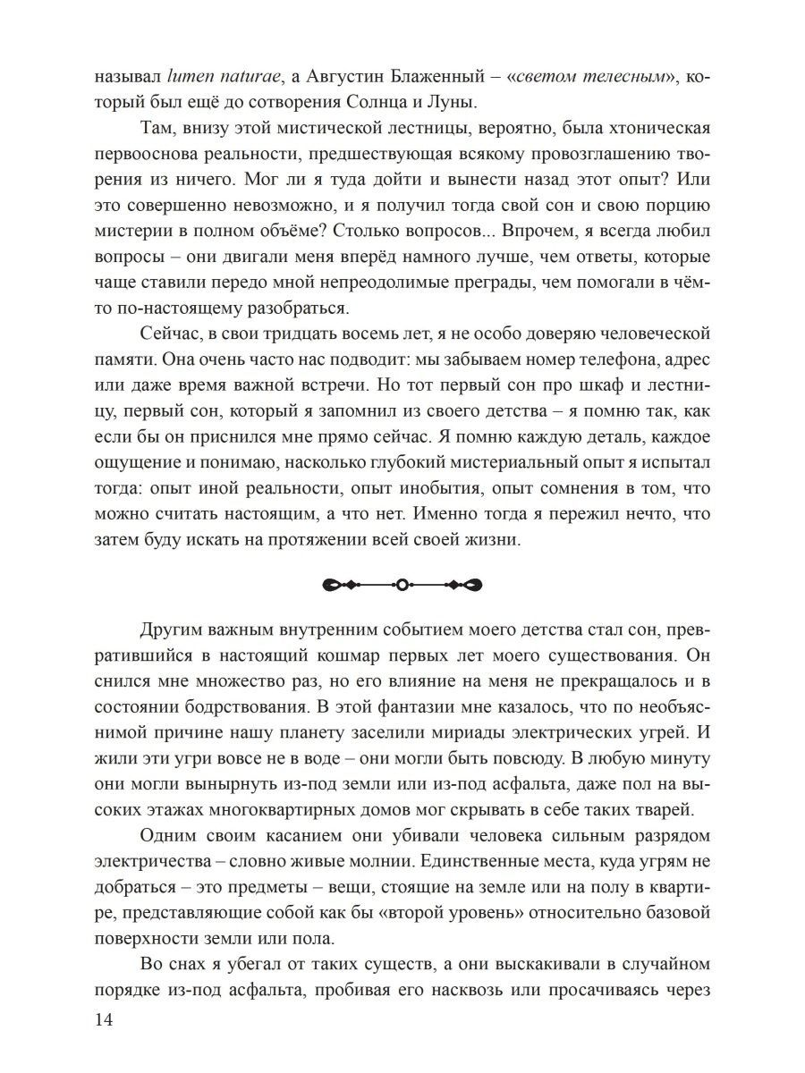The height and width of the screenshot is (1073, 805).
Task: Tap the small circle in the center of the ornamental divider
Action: [x=402, y=585]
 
